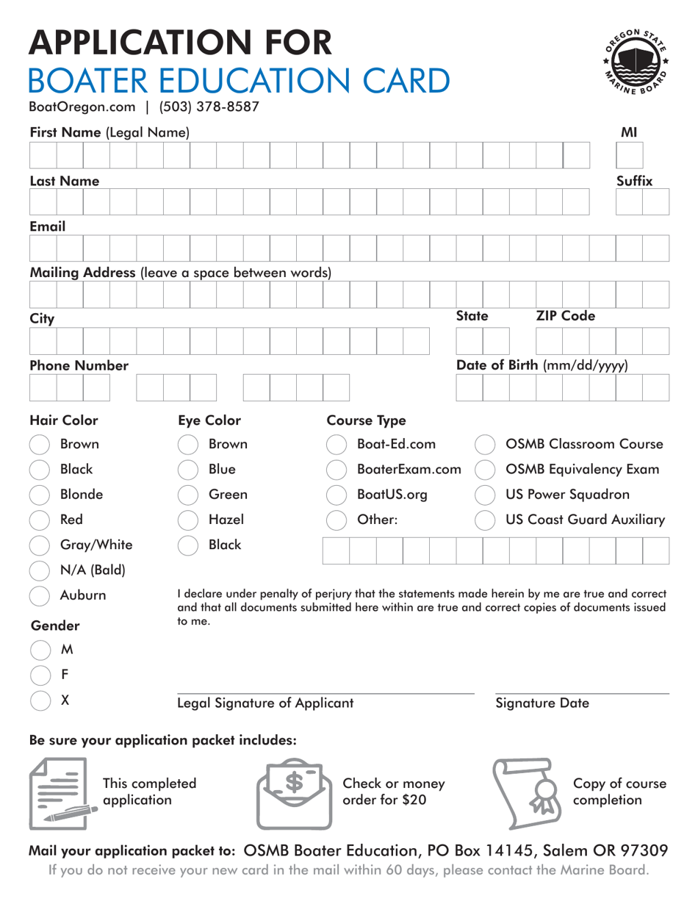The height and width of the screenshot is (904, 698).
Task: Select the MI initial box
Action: coord(629,156)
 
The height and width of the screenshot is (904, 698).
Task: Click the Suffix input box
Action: coord(642,201)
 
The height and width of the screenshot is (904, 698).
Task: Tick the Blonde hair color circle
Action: coord(39,495)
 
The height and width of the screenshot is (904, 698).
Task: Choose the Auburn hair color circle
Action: coord(39,595)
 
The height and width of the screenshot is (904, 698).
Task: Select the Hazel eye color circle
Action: coord(188,520)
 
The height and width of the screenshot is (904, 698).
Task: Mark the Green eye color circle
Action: coord(188,495)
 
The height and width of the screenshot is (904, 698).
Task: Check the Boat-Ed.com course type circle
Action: coord(336,445)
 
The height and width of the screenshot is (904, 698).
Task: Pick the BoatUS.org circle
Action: coord(336,495)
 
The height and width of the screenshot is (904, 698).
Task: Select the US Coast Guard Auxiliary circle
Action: coord(484,520)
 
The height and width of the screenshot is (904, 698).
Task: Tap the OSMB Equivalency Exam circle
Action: coord(484,470)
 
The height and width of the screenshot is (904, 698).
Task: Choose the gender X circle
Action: coord(39,700)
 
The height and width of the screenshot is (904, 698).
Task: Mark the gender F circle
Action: coord(39,675)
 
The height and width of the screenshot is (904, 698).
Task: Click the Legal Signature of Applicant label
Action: coord(265,703)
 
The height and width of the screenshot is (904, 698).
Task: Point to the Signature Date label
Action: coord(542,703)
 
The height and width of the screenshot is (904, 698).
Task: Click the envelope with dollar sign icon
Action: coord(292,794)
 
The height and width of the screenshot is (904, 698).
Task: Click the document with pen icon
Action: coord(63,794)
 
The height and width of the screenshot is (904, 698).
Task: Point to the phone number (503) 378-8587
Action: coord(209,107)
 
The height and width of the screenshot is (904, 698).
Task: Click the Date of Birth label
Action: coord(542,365)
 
